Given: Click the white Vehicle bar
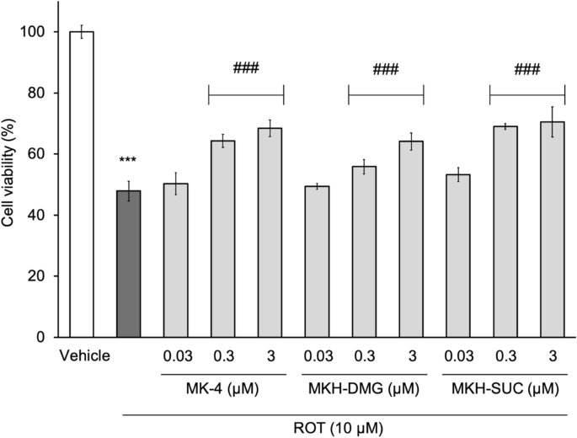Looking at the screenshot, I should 82,184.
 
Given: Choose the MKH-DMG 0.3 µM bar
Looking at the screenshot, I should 364,252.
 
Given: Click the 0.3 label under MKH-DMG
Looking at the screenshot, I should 364,357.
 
